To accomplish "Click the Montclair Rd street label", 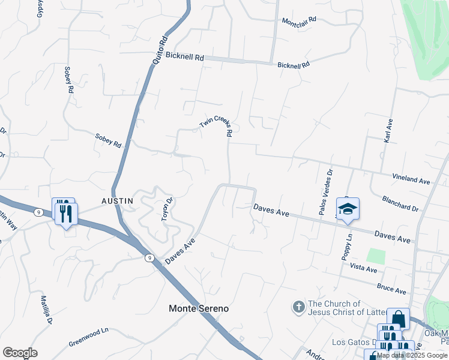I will click(x=299, y=21).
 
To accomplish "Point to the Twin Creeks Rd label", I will click(x=216, y=126).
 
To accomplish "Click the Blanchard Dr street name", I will click(x=400, y=203).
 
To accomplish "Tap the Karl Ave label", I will click(x=387, y=130).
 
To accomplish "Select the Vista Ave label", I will click(x=363, y=268).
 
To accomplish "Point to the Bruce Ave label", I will click(x=391, y=289).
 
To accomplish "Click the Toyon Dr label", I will click(x=167, y=209).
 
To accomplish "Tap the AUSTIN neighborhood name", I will click(x=116, y=200).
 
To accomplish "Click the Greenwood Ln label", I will click(x=88, y=334).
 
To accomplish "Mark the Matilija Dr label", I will click(x=46, y=310).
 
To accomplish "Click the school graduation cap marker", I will click(x=348, y=209).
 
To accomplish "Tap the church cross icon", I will click(x=299, y=308).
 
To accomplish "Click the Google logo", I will click(x=20, y=353).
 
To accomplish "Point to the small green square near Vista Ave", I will click(x=375, y=256).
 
